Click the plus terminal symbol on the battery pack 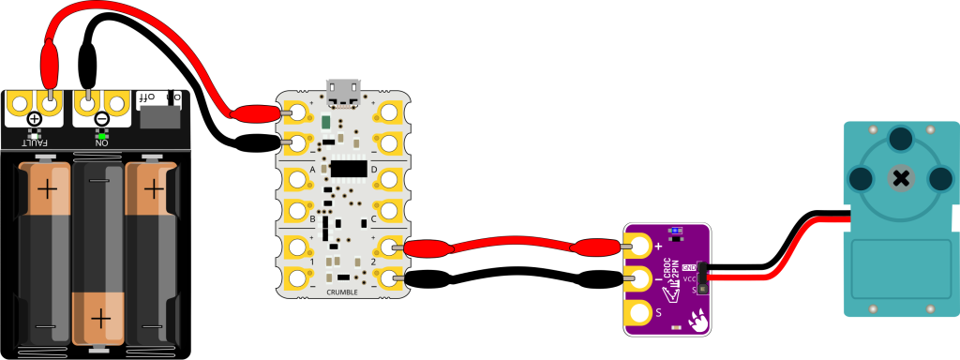[35, 119]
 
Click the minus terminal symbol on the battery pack [101, 119]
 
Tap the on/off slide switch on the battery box [160, 117]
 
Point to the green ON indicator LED [101, 135]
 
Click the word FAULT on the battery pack [35, 142]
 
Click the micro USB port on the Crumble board [343, 92]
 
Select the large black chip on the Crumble [348, 168]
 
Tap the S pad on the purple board [640, 312]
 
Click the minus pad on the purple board [640, 278]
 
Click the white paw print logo [697, 321]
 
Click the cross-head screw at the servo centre [901, 178]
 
